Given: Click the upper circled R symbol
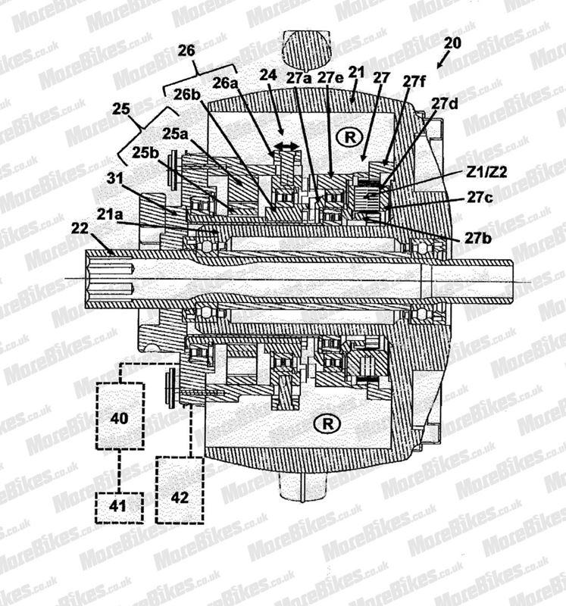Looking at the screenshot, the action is click(x=350, y=137).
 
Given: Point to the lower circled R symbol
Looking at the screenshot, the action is click(x=327, y=424).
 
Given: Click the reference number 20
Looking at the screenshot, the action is click(x=452, y=43).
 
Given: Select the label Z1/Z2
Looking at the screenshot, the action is click(x=486, y=172).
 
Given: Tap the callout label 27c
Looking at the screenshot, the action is click(x=480, y=198).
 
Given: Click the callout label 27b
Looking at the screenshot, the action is click(x=478, y=238).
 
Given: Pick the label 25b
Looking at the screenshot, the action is click(x=145, y=153).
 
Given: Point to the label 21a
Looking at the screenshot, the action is click(x=110, y=214).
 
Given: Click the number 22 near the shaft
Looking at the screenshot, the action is click(x=80, y=229).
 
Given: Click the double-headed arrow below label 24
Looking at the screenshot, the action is click(x=286, y=146).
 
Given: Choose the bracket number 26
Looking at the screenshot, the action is click(x=186, y=51).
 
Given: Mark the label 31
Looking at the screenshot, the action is click(x=115, y=178).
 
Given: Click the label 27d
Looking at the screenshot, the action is click(x=445, y=104).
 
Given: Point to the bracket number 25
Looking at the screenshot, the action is click(x=121, y=108).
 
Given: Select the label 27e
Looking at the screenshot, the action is click(x=330, y=78).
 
